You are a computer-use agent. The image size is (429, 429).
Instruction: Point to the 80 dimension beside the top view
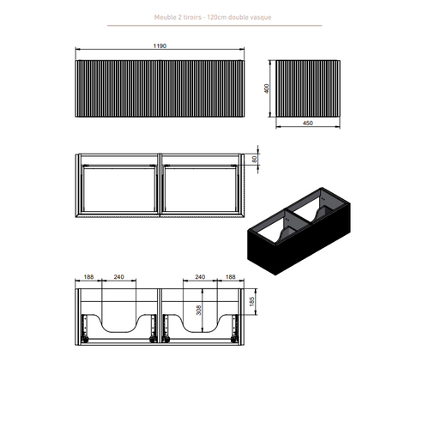coord(254,159)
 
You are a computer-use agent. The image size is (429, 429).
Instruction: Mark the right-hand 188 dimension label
coord(230,277)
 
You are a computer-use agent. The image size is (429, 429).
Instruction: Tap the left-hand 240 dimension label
coord(118,277)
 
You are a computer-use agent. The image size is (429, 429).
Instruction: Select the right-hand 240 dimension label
coord(200,277)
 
